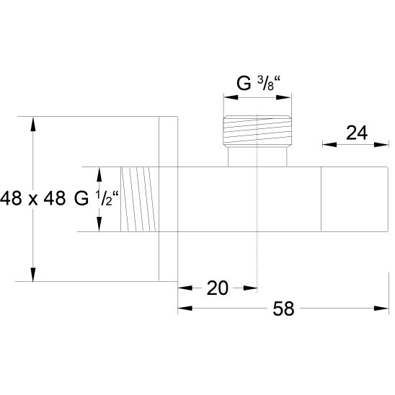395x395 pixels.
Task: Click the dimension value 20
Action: [217, 288]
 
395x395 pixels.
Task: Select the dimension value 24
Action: [357, 133]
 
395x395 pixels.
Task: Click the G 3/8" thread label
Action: [259, 85]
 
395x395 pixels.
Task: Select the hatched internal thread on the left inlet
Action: [137, 200]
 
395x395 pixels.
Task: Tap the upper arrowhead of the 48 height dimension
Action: [33, 123]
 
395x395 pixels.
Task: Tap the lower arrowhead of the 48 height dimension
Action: [33, 275]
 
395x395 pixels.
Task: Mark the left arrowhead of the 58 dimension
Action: [185, 309]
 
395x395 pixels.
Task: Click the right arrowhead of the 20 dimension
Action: [252, 288]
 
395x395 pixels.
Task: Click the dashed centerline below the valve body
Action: [257, 259]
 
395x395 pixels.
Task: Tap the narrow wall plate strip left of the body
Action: [168, 200]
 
